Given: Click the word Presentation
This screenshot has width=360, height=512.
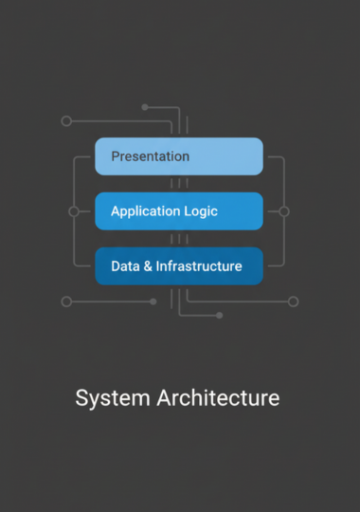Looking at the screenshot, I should [x=151, y=156].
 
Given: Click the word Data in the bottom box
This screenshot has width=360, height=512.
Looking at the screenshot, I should [x=125, y=266].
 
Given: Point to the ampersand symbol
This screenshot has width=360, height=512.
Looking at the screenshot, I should [x=148, y=266].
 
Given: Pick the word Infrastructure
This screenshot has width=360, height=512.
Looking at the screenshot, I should [x=199, y=266].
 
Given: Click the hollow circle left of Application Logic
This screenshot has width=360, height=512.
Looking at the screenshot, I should [x=74, y=211].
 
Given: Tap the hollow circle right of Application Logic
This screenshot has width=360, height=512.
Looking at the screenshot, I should [x=284, y=211].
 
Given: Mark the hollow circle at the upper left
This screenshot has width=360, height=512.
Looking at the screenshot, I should [x=66, y=121].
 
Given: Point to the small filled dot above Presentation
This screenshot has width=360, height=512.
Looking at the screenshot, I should [x=145, y=107].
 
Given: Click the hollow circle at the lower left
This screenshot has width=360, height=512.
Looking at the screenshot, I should [x=66, y=302].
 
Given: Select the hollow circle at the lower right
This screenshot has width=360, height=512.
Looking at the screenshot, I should [x=294, y=302].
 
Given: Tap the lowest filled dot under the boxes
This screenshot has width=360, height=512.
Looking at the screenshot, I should [x=219, y=315].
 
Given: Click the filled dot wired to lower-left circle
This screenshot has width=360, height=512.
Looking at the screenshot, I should [x=153, y=302].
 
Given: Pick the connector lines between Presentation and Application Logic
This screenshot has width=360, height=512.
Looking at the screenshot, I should [x=179, y=183].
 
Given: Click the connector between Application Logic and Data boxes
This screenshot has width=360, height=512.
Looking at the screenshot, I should [x=179, y=238].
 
